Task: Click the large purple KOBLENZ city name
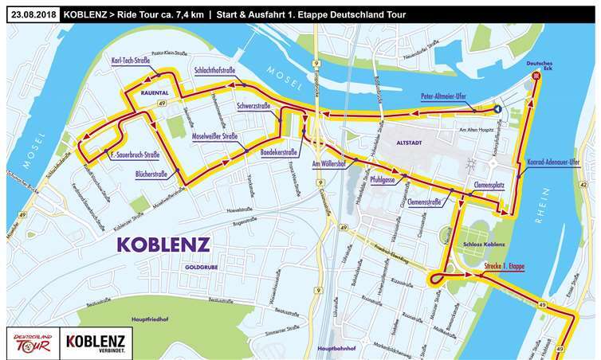point(163,243)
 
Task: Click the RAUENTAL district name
point(155,92)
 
